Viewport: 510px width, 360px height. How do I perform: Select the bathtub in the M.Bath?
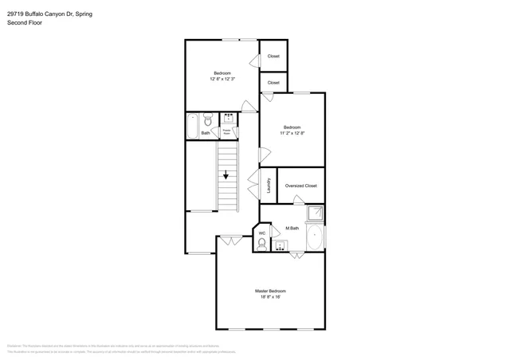[x=316, y=237]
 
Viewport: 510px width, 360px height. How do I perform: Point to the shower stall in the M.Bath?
[x=316, y=213]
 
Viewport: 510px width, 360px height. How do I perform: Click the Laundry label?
[x=269, y=186]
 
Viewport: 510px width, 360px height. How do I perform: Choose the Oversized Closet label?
[x=300, y=186]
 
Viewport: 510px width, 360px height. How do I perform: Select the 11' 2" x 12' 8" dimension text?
[x=292, y=133]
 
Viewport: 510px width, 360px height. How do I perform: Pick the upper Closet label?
[x=273, y=56]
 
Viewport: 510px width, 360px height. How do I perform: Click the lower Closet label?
[x=273, y=83]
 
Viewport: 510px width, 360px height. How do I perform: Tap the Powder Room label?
[x=227, y=131]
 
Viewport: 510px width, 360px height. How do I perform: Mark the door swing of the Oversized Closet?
[x=299, y=200]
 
